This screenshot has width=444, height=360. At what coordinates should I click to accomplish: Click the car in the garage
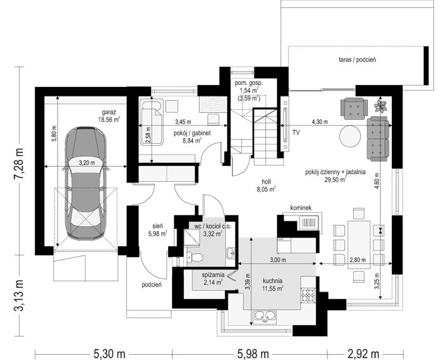[x=86, y=183]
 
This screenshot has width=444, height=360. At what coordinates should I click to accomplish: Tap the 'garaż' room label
[x=108, y=112]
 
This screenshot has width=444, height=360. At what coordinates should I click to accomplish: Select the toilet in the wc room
[x=195, y=257]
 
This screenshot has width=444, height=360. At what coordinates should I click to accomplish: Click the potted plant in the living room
[x=381, y=106]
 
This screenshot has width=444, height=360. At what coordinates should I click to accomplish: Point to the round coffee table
[x=350, y=136]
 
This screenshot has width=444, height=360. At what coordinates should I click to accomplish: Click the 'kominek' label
[x=301, y=208]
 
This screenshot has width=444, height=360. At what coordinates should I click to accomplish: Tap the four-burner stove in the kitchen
[x=308, y=295]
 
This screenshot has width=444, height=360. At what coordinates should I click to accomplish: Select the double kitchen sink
[x=265, y=317]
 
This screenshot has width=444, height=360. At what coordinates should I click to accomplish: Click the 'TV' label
[x=296, y=132]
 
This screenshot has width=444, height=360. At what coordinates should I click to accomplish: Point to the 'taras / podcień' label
[x=357, y=60]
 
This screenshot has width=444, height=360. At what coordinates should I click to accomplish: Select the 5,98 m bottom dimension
[x=251, y=354]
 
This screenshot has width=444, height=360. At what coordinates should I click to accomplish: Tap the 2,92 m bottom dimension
[x=363, y=354]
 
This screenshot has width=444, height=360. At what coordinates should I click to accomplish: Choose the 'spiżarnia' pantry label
[x=213, y=274]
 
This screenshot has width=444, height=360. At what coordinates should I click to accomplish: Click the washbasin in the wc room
[x=232, y=253]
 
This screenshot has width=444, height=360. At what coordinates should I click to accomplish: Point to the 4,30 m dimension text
[x=320, y=122]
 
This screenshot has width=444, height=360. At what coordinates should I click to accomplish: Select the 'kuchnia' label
[x=272, y=281]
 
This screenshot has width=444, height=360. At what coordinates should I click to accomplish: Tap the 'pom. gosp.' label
[x=249, y=83]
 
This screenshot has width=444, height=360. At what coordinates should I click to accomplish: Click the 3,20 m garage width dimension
[x=87, y=163]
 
